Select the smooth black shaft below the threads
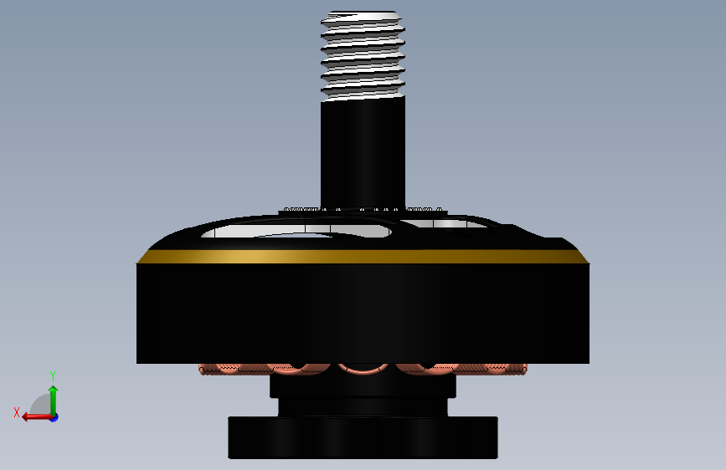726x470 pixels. point(363,151)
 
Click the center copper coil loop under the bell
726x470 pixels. point(363,369)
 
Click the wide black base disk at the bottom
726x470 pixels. point(363,437)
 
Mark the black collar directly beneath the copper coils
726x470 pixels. point(363,386)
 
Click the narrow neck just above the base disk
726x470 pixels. point(363,406)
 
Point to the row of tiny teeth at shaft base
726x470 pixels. point(363,208)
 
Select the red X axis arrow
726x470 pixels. point(33,416)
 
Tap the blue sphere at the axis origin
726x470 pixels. point(53,416)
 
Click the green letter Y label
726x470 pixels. point(52,376)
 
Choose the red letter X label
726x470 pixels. point(16,412)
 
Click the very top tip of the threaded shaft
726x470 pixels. point(363,13)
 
